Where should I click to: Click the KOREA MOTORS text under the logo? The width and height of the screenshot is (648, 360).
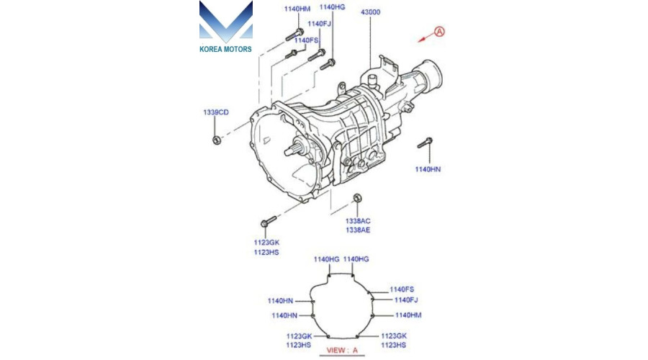pos(225,49)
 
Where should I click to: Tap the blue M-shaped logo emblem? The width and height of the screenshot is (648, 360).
pos(225,22)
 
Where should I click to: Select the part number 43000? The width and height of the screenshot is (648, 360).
pos(370,12)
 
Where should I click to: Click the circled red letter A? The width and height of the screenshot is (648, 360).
pos(439,32)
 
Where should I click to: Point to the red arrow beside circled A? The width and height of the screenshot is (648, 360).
pos(426,37)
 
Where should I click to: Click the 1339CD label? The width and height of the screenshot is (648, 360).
pos(216,112)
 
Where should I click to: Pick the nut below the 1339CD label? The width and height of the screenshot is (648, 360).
pos(216,140)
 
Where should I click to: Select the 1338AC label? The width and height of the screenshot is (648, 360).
pos(358,221)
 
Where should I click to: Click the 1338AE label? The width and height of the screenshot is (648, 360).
pos(358,230)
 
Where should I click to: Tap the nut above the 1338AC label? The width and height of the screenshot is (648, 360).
pos(358,198)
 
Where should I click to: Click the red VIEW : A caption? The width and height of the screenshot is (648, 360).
pos(342,350)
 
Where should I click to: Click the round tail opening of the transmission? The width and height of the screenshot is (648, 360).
pos(431,75)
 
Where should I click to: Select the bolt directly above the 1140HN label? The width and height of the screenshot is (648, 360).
pos(425,143)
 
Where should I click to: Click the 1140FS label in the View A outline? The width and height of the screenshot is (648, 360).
pos(402,289)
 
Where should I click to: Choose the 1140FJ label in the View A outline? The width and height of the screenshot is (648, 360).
pos(406,300)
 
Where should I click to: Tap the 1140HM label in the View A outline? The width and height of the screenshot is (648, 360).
pos(408,315)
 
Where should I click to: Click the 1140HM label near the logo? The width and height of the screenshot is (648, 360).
pos(297,9)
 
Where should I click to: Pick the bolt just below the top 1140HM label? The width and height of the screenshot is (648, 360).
pos(294,35)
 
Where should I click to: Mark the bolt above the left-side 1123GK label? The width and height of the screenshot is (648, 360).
pos(269,222)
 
